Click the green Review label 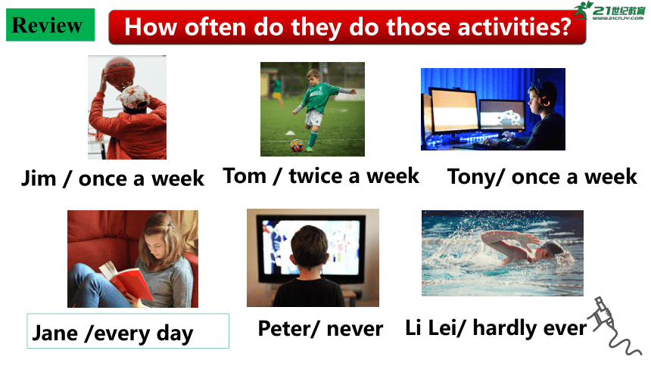point(50,25)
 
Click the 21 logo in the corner point(609,11)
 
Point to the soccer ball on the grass point(297,145)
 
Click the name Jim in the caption point(39,178)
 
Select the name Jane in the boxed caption point(55,333)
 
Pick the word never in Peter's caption point(354,329)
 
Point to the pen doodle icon point(612,326)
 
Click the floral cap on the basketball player point(134,97)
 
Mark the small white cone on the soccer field point(290,133)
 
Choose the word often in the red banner point(215,27)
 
